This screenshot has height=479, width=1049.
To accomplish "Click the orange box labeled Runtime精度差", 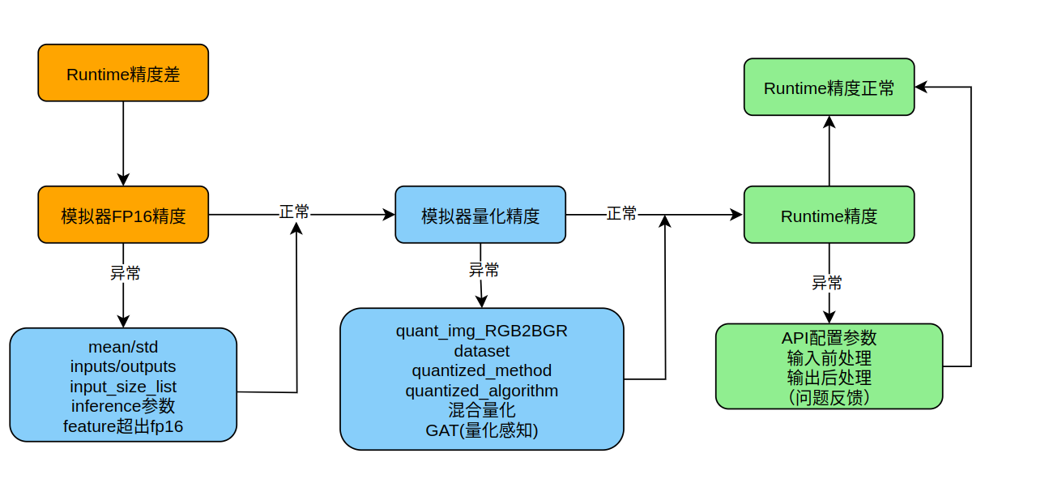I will click(123, 73).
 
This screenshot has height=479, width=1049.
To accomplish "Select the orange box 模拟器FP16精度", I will click(123, 215).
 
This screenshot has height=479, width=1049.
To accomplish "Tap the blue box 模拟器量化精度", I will click(480, 215).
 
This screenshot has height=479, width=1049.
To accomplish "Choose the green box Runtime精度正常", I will click(829, 87).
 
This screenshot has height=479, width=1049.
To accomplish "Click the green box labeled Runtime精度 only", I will click(829, 215).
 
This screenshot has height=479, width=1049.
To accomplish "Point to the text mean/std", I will click(123, 347).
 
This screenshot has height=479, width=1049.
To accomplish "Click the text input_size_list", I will click(123, 387).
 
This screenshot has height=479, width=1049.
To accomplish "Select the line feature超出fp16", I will click(123, 426).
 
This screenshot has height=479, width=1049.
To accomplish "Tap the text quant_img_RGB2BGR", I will click(482, 331).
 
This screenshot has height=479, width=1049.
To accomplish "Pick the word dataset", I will click(482, 351).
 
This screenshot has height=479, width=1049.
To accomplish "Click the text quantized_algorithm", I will click(482, 391).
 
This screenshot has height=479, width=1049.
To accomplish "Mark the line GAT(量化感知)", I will click(482, 430).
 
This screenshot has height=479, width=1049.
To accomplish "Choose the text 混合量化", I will click(482, 410).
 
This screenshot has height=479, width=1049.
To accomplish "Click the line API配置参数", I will click(829, 337).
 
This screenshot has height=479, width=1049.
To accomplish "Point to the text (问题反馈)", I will click(829, 397).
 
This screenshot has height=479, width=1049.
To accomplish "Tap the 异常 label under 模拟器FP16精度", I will click(126, 273).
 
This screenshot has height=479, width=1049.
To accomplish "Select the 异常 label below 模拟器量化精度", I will click(484, 270).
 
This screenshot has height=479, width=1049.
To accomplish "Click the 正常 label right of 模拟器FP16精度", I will click(294, 212).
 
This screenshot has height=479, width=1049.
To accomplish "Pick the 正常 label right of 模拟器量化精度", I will click(621, 214).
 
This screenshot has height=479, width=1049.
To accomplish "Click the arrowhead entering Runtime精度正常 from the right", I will click(921, 87).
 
